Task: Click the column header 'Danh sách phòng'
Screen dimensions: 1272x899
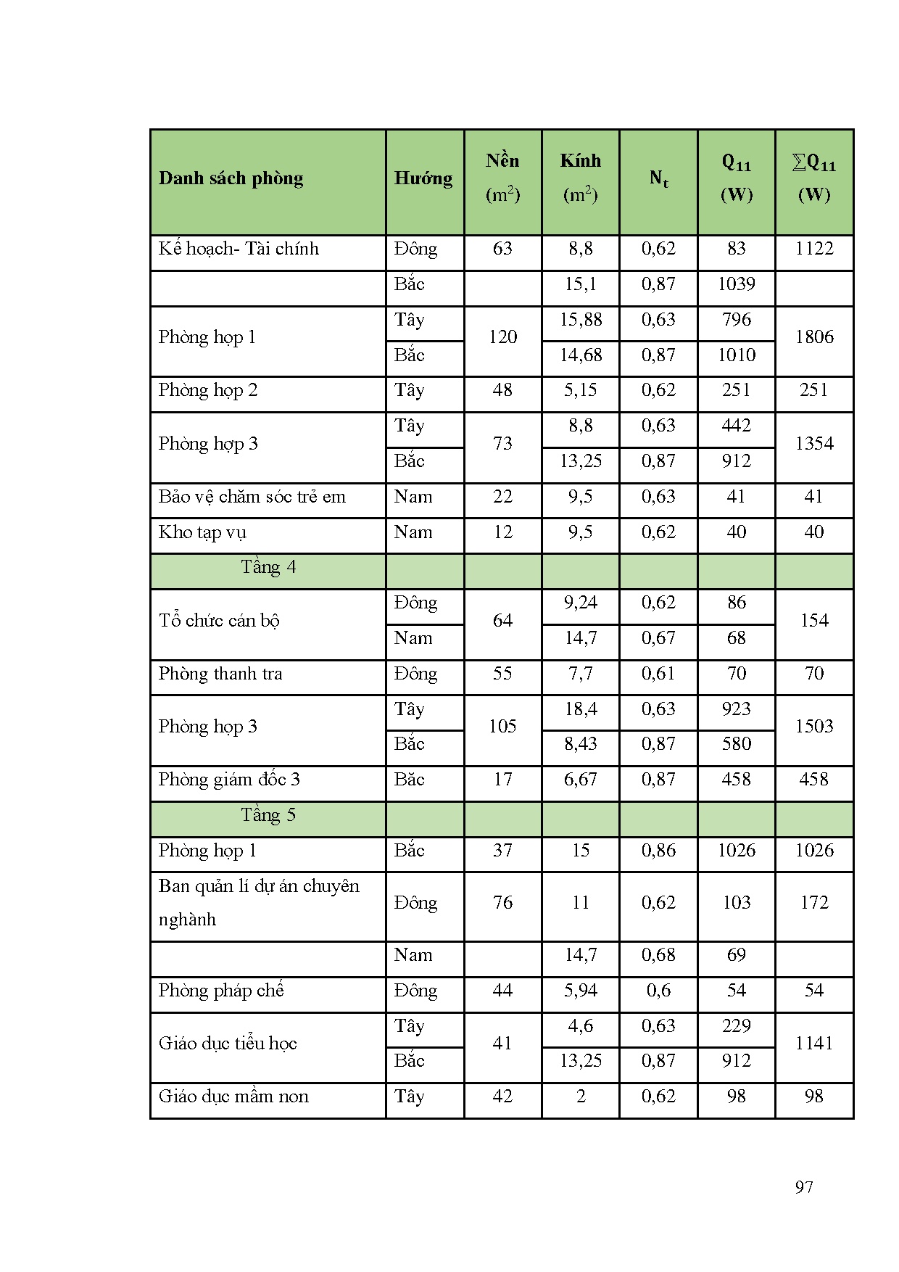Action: [x=231, y=178]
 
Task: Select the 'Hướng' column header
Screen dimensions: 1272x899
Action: [x=423, y=178]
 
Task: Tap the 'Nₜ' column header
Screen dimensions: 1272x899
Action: [x=658, y=178]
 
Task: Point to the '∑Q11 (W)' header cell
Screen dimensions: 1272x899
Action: [x=813, y=178]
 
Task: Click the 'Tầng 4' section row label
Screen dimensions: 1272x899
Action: [x=268, y=567]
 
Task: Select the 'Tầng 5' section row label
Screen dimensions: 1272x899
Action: [x=268, y=815]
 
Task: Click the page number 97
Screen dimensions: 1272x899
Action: [x=804, y=1187]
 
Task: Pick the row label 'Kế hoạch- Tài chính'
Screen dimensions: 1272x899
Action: [x=239, y=249]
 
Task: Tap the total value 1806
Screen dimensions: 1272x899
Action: [x=813, y=337]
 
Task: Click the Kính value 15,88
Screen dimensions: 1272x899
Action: [x=580, y=320]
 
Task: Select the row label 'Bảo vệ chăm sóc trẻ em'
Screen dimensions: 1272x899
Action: [x=252, y=497]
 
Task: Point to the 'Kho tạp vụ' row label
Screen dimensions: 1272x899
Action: [x=202, y=532]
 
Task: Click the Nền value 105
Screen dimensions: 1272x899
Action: [x=502, y=727]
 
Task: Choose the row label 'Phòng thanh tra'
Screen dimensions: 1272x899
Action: [x=220, y=674]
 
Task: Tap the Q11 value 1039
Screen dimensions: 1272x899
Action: [x=736, y=284]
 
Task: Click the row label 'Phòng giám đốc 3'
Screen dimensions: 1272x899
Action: [x=229, y=780]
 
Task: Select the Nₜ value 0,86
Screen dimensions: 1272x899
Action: [x=658, y=851]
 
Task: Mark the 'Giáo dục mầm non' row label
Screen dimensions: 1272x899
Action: [x=233, y=1097]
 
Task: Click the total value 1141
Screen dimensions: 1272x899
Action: [x=813, y=1044]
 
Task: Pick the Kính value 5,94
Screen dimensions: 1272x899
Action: [x=580, y=991]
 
